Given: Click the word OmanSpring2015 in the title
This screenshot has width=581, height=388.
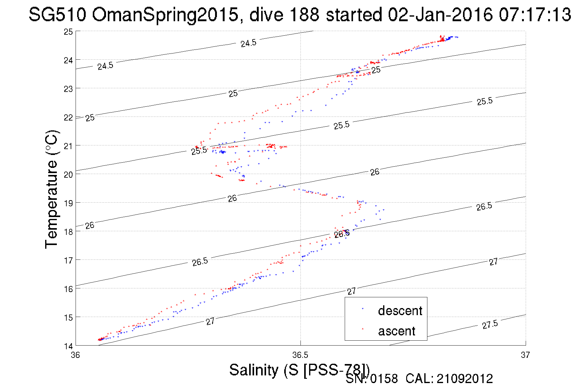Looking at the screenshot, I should [165, 14].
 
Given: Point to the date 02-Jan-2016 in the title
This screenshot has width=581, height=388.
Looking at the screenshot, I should [440, 14].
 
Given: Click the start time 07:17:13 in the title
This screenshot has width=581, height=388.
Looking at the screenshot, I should [535, 14].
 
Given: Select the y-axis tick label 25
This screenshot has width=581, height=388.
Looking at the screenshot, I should [68, 32].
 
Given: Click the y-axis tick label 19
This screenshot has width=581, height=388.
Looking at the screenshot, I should [68, 203].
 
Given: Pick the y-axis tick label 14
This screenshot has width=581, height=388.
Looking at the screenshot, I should [68, 346].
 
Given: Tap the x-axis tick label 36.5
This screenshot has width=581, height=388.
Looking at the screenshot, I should [300, 355].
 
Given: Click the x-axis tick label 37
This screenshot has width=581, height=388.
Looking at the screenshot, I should [525, 355].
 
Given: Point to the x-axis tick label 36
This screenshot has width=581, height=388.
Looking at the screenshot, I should [75, 355].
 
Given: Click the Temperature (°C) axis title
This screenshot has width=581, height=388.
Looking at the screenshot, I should [51, 189].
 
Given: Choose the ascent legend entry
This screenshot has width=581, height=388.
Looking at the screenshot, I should [396, 331].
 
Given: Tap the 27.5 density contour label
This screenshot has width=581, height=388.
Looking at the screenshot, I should [490, 324].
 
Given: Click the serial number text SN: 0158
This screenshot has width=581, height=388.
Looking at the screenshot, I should [371, 379].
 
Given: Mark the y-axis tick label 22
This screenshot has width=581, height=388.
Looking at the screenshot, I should [68, 117].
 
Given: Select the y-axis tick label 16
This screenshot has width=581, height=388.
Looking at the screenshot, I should [68, 289].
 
